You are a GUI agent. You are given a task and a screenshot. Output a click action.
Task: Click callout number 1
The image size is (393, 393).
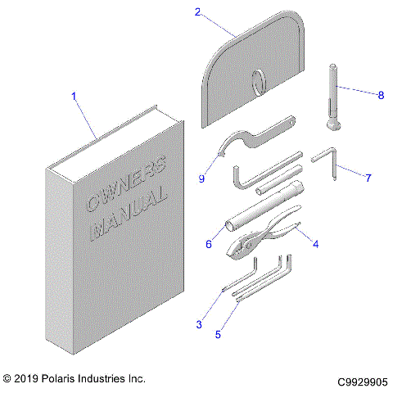coord(75,97)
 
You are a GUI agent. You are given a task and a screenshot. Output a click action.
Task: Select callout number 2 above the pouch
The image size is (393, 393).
coord(197,11)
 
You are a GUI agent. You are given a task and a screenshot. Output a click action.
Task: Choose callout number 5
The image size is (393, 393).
coord(217,334)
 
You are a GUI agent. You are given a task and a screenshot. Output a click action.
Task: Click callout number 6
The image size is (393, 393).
coord(208,244)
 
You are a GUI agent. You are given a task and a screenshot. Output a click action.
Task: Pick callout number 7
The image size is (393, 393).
coord(368,177)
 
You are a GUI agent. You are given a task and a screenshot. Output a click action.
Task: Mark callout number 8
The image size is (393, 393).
coord(380,95)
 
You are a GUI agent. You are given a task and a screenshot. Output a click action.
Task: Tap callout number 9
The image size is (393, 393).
coord(201,178)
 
